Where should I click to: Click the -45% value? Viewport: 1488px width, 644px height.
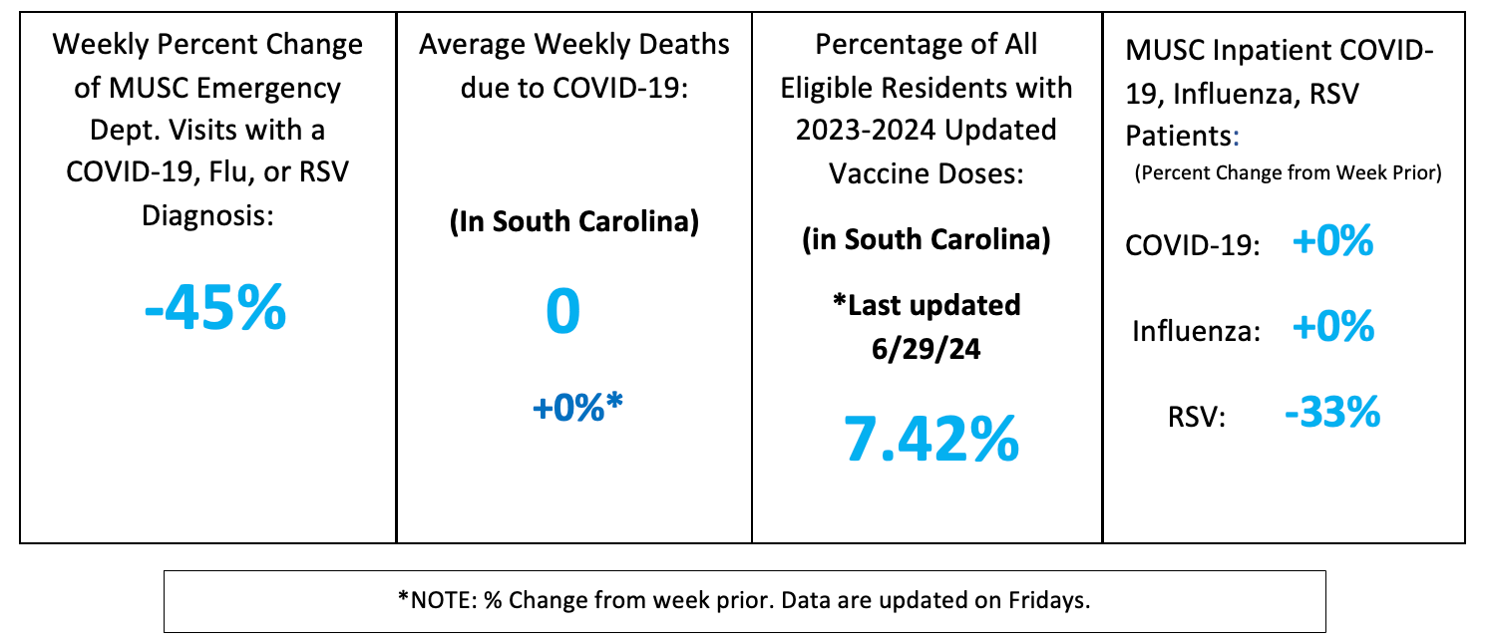[215, 310]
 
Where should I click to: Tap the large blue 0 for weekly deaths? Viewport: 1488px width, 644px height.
[562, 311]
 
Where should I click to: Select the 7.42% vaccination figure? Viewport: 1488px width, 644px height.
[931, 438]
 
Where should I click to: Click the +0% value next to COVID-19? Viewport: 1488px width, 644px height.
[1331, 242]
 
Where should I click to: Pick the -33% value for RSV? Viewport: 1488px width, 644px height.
[1331, 411]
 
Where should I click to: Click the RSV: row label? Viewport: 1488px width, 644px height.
[1196, 417]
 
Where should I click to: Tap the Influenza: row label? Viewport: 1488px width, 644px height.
[1195, 332]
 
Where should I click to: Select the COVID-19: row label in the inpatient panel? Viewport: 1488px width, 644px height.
[1190, 247]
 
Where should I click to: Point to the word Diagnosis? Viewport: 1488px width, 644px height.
[206, 214]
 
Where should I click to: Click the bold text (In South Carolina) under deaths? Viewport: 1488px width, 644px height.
[573, 221]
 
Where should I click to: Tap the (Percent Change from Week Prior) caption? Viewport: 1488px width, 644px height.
[1288, 172]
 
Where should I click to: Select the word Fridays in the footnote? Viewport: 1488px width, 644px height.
[1048, 600]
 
